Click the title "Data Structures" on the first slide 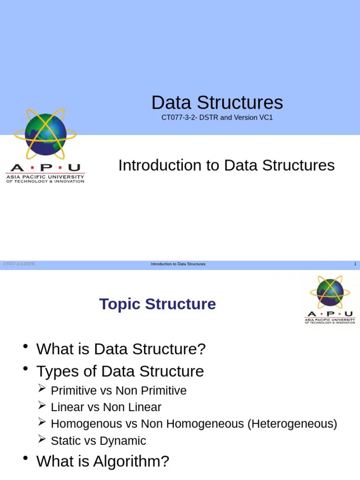pos(217,103)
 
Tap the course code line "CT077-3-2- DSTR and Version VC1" pos(217,117)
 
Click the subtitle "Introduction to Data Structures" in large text pos(226,165)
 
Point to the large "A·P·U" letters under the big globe pos(45,168)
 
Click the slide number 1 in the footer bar pos(355,264)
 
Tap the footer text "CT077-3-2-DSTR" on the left pos(19,264)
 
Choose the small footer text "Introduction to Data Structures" pos(178,264)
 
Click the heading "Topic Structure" pos(157,304)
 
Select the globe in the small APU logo pos(330,292)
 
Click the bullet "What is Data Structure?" pos(121,349)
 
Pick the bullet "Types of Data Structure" pos(120,372)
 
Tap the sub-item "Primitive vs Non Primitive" pos(119,390)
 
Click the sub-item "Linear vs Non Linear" pos(106,407)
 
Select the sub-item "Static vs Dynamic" pos(98,441)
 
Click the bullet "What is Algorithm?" pos(103,462)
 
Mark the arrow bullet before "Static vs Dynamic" pos(42,440)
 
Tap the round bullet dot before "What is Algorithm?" pos(25,458)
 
